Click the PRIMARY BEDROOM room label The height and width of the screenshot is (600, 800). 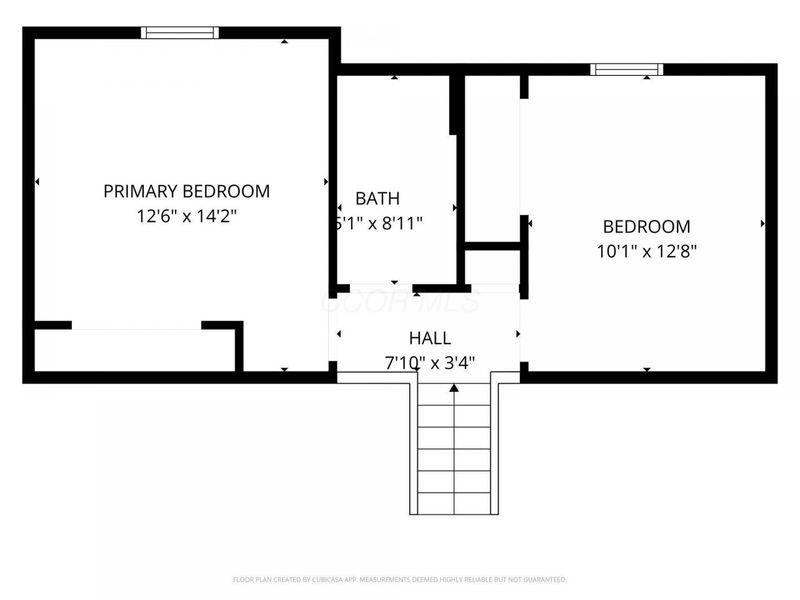[186, 191]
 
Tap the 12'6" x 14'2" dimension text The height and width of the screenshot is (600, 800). [186, 215]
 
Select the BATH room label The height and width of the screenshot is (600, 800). [377, 199]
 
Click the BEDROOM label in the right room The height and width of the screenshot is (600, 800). [645, 227]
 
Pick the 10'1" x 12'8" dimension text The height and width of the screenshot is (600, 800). [646, 252]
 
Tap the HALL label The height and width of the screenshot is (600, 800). [429, 338]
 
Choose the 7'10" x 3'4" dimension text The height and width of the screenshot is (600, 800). [429, 363]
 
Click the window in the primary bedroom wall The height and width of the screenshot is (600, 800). [180, 33]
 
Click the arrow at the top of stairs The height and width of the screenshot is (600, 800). [454, 387]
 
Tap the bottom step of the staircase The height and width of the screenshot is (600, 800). [454, 501]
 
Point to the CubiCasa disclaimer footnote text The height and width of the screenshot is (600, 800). [400, 579]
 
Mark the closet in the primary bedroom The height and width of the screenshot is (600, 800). [135, 350]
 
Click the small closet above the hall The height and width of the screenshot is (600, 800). [492, 267]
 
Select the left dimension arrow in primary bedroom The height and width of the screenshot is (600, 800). [38, 182]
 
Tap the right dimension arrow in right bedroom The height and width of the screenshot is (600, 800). [763, 223]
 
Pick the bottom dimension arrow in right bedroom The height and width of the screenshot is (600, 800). [646, 369]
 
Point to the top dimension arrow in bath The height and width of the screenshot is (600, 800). [395, 77]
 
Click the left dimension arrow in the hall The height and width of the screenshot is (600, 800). [340, 334]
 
